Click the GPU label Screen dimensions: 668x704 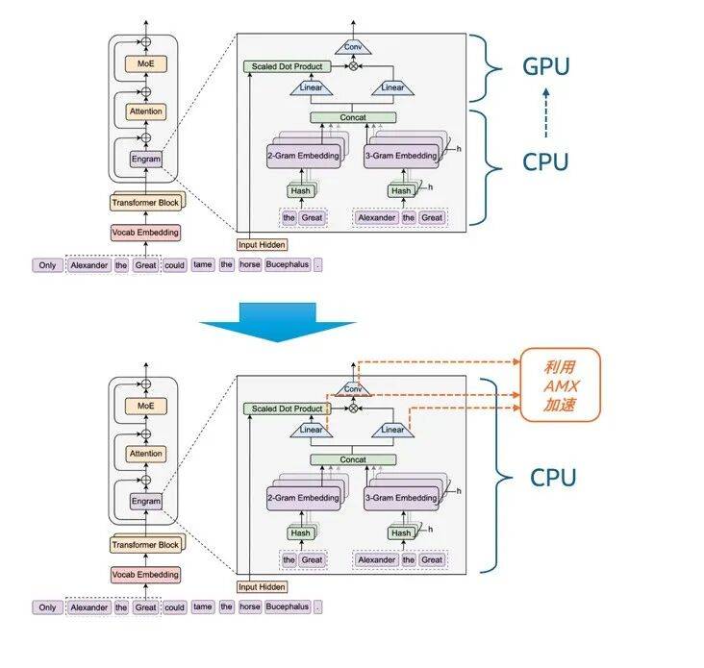click(546, 66)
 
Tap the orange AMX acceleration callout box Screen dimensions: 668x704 click(560, 384)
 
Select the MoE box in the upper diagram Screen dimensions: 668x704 click(146, 65)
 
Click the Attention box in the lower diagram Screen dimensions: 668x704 click(146, 454)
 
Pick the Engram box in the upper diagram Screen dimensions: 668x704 click(146, 159)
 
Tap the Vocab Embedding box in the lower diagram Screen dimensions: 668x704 click(145, 574)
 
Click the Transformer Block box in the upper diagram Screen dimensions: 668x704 click(145, 203)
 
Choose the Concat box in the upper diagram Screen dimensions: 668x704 click(352, 117)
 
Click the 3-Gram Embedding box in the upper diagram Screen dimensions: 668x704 click(401, 155)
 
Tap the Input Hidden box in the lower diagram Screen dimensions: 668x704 click(261, 586)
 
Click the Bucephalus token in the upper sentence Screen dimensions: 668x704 click(288, 264)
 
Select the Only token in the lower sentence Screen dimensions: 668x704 click(47, 606)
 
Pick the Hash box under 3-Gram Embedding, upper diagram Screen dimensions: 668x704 click(401, 190)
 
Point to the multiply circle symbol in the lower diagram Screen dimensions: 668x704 click(353, 408)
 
